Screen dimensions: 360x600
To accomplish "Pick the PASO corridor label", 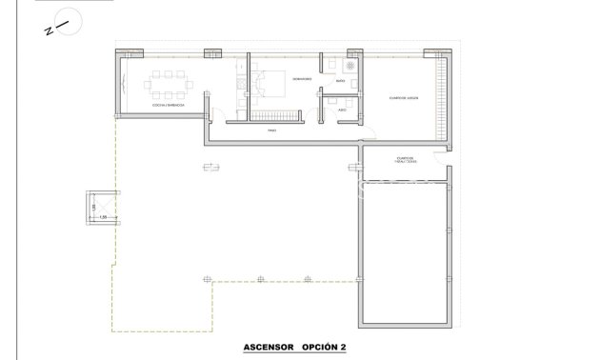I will tap(271, 131).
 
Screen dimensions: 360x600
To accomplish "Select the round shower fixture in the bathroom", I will tap(349, 68).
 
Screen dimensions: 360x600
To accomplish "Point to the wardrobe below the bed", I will tap(270, 115).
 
